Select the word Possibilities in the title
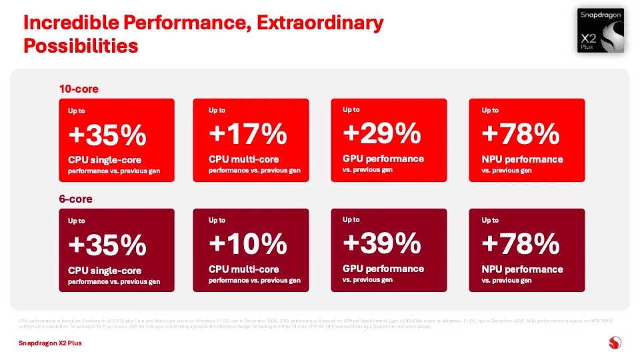[x=81, y=46]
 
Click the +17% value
[x=247, y=135]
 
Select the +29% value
[x=381, y=135]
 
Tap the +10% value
[x=247, y=245]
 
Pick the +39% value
[x=381, y=245]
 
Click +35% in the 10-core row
[x=107, y=136]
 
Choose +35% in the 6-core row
[x=107, y=246]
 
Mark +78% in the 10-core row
[x=520, y=135]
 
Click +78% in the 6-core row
[x=520, y=245]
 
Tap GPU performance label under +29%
[x=383, y=159]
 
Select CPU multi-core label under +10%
[x=243, y=269]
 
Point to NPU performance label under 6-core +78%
[x=522, y=269]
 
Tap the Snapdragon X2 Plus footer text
[x=50, y=344]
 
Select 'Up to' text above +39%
[x=351, y=219]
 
